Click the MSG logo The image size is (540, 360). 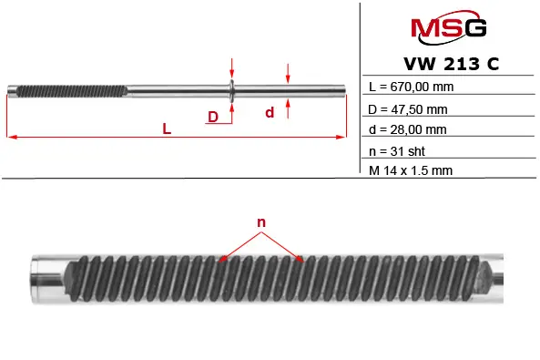448,27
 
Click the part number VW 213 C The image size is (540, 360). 451,64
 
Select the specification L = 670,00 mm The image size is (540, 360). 411,87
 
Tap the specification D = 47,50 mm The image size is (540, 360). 408,109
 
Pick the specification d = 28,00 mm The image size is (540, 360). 407,129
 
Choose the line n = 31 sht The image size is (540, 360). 397,151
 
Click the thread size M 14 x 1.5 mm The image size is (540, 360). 411,170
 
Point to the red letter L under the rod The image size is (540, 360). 167,129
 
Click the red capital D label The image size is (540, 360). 213,117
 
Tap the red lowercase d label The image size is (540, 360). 270,113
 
